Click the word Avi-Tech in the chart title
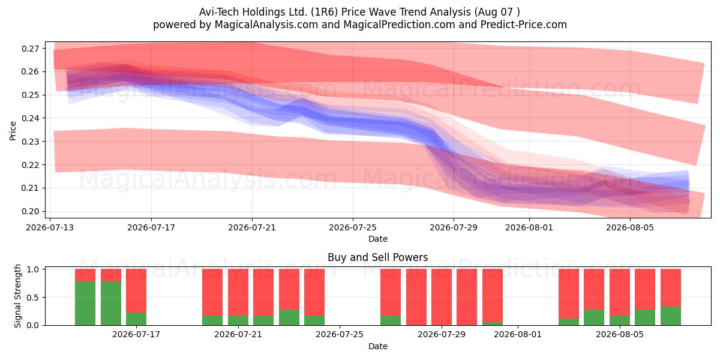(x=219, y=12)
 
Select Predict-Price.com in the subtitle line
(x=524, y=25)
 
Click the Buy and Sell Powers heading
(x=377, y=257)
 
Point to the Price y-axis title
(x=13, y=131)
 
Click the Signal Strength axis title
(x=17, y=296)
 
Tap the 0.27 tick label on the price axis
(x=30, y=49)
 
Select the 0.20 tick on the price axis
(x=30, y=211)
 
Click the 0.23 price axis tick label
(x=30, y=142)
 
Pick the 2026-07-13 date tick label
(x=50, y=227)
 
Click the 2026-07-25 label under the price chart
(x=353, y=227)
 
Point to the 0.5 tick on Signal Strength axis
(x=32, y=298)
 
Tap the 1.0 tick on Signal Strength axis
(x=32, y=269)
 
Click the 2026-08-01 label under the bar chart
(x=517, y=335)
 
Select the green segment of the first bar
(x=85, y=304)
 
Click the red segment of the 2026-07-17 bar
(x=136, y=291)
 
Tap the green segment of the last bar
(x=671, y=316)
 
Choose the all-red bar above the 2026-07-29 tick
(x=442, y=298)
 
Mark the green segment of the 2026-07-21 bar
(x=238, y=320)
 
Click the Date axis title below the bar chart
(x=377, y=346)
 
